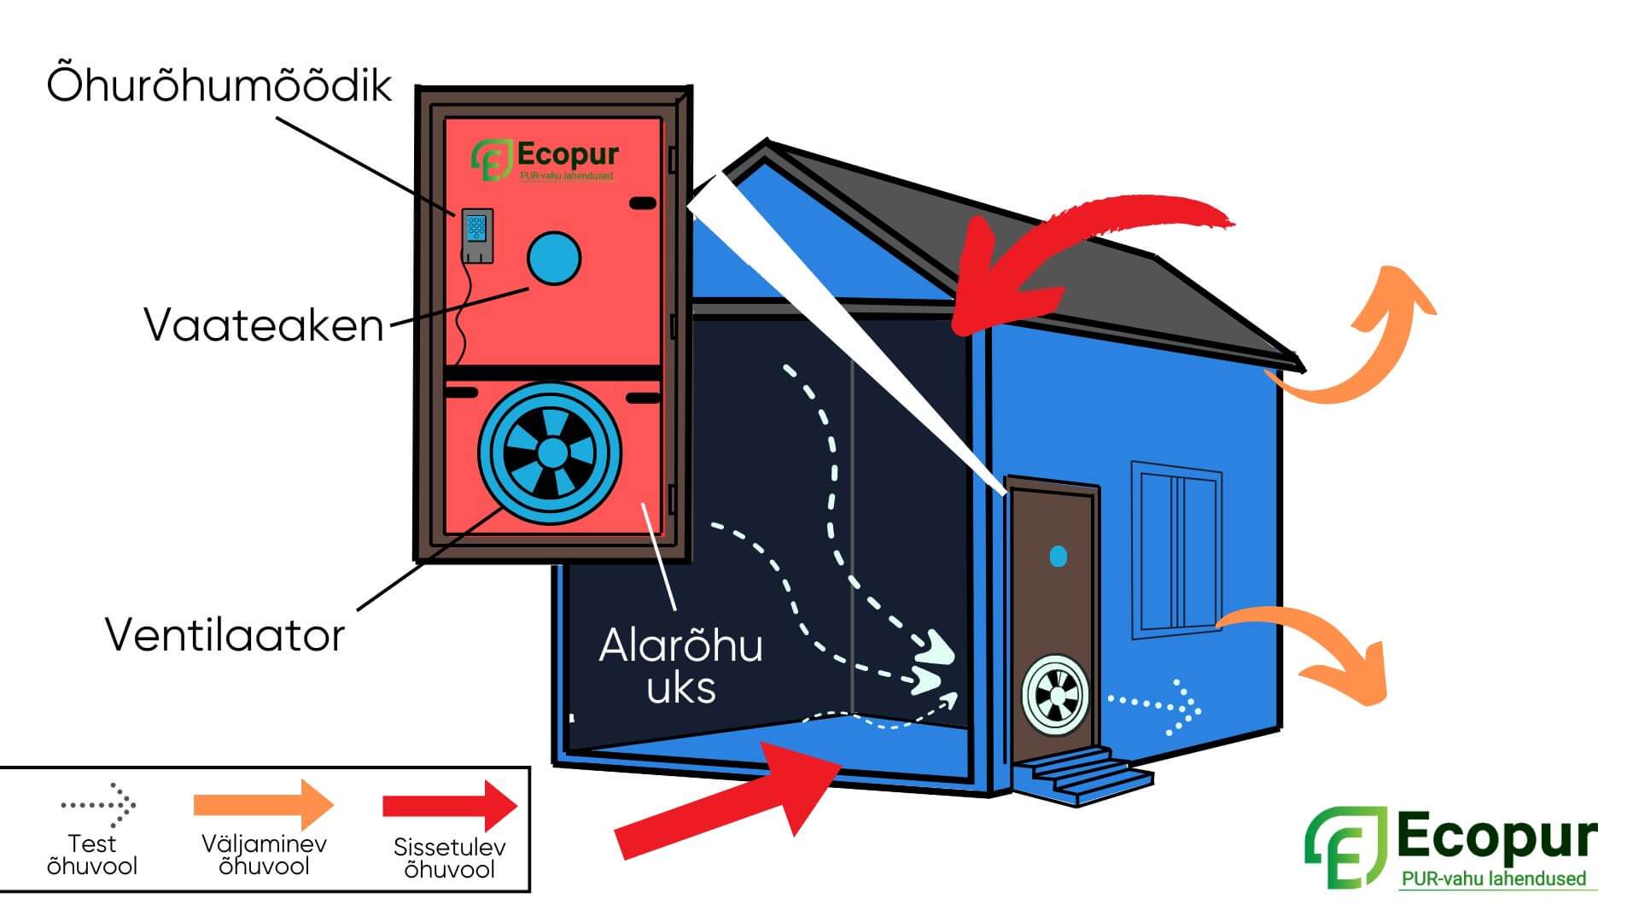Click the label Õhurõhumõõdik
[219, 85]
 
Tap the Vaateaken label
[264, 325]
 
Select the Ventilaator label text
[225, 635]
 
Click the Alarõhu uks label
[680, 667]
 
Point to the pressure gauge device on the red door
[477, 236]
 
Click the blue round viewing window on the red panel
[553, 258]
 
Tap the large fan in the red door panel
[550, 452]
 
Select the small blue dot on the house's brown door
[1058, 557]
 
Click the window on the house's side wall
[1175, 550]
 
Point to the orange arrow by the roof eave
[1357, 341]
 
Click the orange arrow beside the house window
[1315, 649]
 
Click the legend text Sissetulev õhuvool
[449, 858]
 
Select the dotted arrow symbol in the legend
[98, 803]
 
